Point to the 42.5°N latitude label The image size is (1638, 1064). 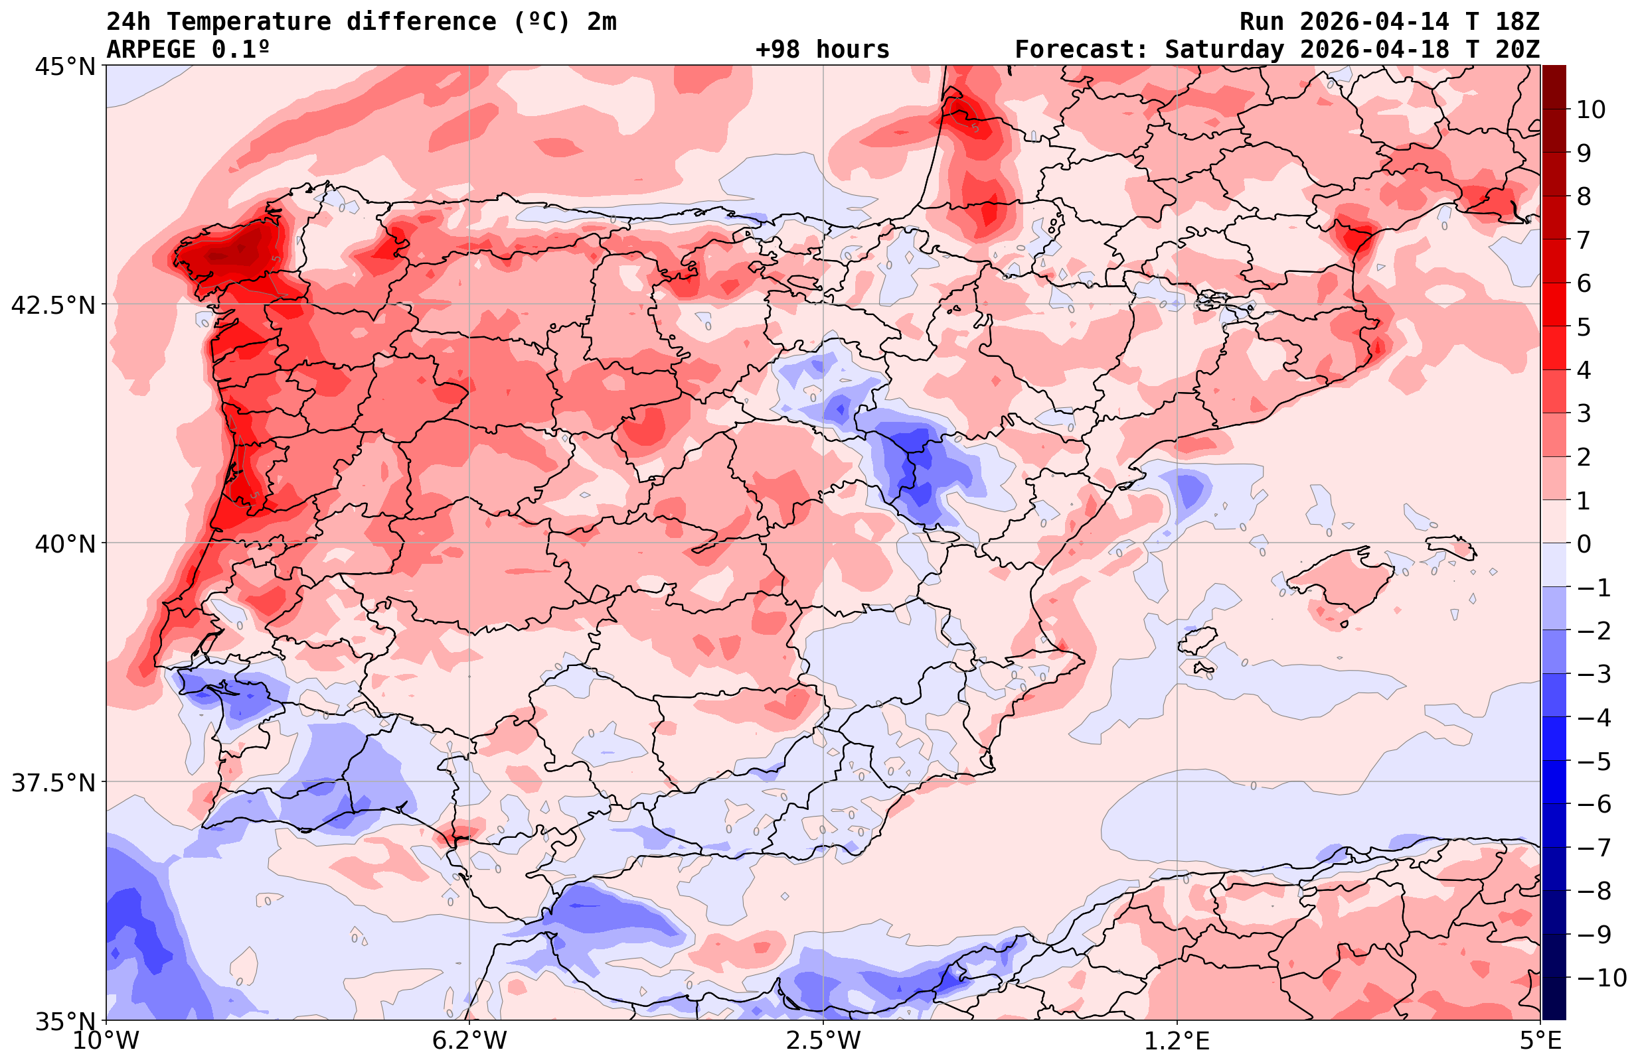(x=53, y=304)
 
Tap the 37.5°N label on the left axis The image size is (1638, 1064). (x=53, y=783)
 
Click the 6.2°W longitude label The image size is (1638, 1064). (x=469, y=1041)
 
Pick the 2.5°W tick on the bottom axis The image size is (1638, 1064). (x=823, y=1041)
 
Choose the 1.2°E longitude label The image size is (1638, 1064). (x=1177, y=1041)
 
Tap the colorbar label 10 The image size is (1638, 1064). (x=1590, y=109)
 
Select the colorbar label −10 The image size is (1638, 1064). (x=1601, y=977)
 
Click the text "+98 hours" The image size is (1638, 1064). (x=823, y=50)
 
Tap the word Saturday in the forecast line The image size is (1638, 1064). (x=1224, y=50)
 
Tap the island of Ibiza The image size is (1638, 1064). (x=1196, y=640)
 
